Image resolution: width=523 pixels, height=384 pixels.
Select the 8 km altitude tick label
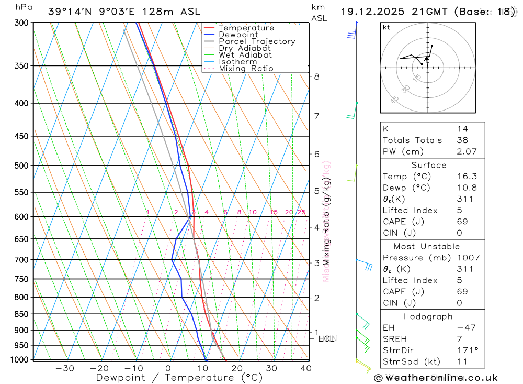[316, 76]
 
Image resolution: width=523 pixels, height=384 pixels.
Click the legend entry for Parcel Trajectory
[257, 41]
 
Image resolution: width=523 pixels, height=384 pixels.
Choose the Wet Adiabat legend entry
[245, 55]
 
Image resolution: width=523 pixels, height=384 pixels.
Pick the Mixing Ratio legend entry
[246, 69]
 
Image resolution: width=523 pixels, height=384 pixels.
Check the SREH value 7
[459, 339]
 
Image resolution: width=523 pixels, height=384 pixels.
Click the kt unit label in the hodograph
[386, 27]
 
